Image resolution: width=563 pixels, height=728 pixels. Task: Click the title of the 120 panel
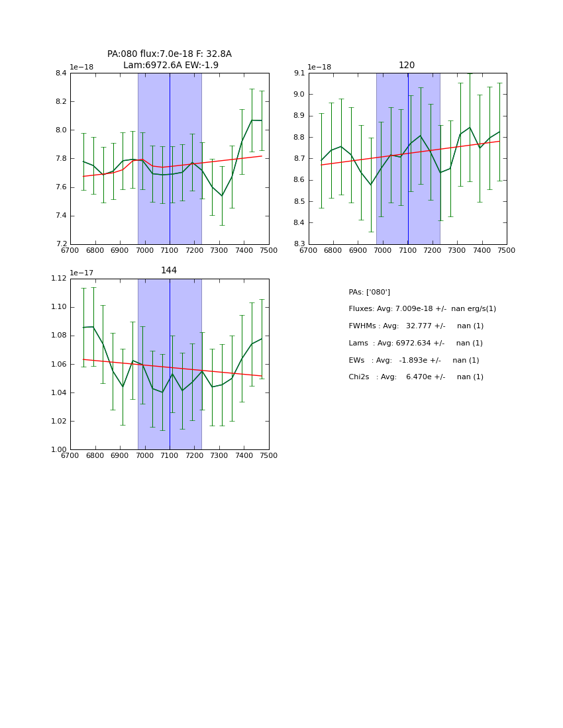[x=407, y=66]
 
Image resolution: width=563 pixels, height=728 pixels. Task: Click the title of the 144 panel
[x=169, y=271]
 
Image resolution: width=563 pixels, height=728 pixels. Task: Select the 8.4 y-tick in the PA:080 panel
[x=61, y=73]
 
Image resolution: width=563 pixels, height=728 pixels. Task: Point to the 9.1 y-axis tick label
[x=299, y=73]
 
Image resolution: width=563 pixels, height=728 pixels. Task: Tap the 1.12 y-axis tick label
[x=58, y=279]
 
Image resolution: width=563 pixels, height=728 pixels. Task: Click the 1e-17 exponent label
[x=81, y=273]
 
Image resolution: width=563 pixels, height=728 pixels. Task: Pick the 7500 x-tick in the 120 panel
[x=507, y=251]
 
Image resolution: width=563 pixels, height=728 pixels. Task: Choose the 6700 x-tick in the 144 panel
[x=70, y=456]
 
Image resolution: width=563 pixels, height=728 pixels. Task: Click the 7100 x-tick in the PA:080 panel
[x=170, y=251]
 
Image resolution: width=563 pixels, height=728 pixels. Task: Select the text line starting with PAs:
[x=369, y=293]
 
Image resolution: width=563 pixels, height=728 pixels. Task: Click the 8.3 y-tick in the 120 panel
[x=299, y=244]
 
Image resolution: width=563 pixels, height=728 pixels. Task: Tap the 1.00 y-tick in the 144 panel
[x=58, y=450]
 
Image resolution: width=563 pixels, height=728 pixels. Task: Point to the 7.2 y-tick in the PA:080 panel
[x=61, y=244]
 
